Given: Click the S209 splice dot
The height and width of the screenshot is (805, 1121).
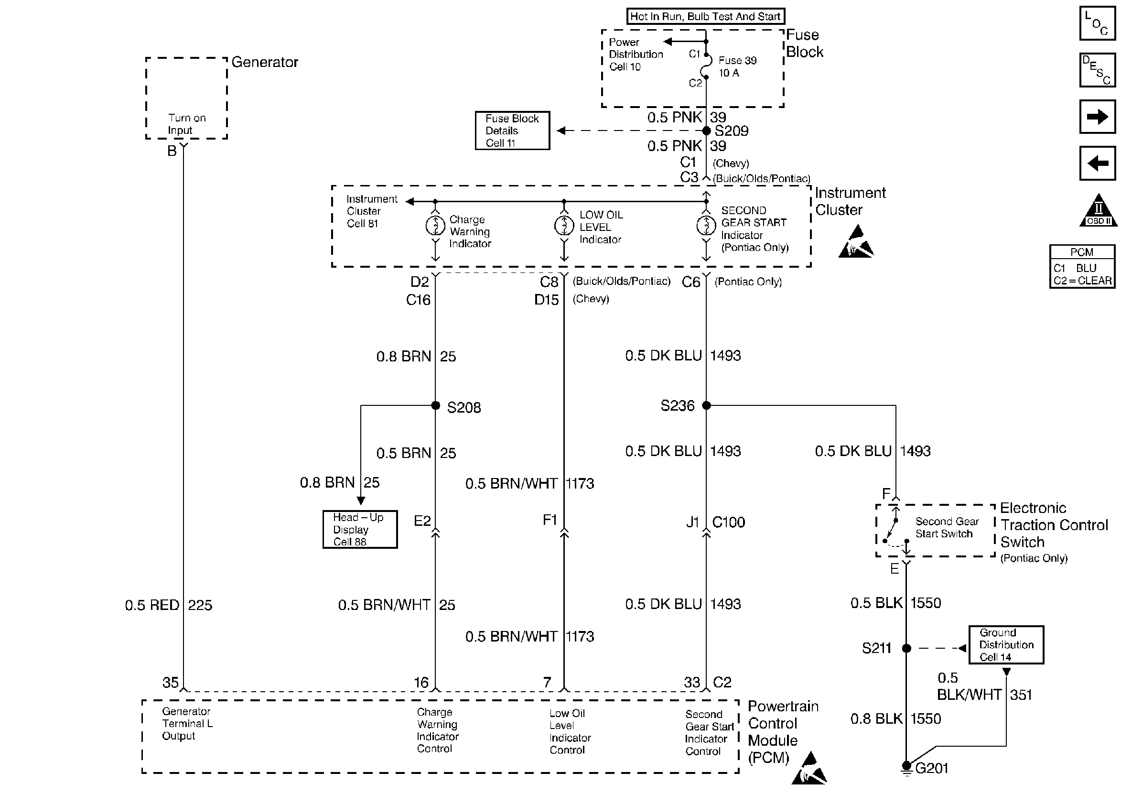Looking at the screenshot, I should (x=706, y=131).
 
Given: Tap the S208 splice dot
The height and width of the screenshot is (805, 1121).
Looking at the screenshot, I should (x=435, y=405).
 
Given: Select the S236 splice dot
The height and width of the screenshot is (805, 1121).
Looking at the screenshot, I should (x=706, y=405).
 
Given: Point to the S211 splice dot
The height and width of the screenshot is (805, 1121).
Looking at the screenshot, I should (x=906, y=648).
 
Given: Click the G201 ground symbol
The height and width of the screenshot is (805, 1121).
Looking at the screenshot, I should (x=906, y=767).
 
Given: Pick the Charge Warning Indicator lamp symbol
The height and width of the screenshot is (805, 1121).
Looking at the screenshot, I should (x=435, y=226).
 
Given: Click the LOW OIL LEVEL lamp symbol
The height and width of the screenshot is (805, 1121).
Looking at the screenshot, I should (x=564, y=226).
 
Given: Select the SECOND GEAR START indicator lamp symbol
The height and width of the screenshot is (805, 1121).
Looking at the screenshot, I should (x=706, y=226).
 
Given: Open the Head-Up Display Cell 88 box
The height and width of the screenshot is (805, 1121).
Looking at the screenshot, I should (x=360, y=529).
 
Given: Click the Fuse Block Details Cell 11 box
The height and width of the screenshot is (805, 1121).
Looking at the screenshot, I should (x=512, y=131).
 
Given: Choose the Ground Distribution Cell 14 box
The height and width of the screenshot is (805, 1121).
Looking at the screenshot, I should (x=1006, y=645).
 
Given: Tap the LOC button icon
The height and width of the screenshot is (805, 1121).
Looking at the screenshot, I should (x=1097, y=23).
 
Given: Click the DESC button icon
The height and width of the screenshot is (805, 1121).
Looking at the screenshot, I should (x=1097, y=70).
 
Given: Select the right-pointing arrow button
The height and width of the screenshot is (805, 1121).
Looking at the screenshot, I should (x=1097, y=117).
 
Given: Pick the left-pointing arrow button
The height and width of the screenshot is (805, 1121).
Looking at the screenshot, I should (x=1097, y=163).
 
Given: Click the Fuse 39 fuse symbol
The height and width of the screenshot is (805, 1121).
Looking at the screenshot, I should (x=707, y=66).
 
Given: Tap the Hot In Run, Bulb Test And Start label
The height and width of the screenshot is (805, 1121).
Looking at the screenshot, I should (x=705, y=16).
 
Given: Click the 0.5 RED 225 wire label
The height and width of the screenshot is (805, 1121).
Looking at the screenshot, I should (x=169, y=605).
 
